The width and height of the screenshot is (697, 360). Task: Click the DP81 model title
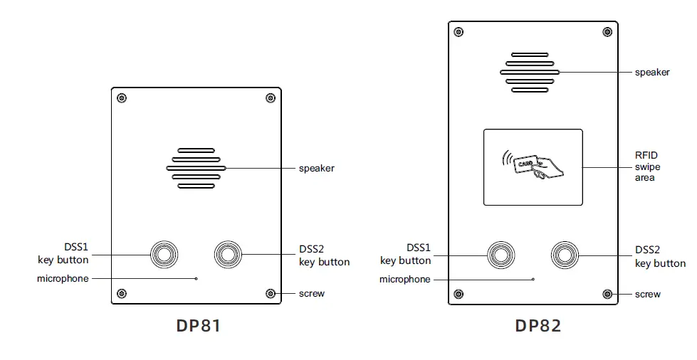point(198,326)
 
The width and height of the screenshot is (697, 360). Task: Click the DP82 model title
point(538,326)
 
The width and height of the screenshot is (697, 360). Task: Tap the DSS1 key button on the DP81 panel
point(164,254)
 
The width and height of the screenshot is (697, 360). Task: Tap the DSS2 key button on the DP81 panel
point(229,254)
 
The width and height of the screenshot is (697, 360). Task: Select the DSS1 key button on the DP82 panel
point(500,254)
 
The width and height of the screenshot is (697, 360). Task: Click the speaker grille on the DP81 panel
point(196,169)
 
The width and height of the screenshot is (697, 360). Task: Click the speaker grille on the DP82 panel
point(530,72)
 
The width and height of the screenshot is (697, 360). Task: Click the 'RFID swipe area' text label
point(648,166)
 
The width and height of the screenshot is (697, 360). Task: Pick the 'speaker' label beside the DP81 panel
point(316,169)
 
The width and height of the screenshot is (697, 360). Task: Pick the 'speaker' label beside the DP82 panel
point(652,72)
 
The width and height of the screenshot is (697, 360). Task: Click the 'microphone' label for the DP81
point(63,279)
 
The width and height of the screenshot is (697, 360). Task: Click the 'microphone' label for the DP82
point(404,280)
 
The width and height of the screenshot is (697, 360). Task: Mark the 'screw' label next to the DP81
point(311,294)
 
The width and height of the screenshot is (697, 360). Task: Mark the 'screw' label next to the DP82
point(647,294)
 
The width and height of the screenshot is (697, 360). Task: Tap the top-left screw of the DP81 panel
point(122,98)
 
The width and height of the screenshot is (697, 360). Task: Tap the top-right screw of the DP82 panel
point(607,32)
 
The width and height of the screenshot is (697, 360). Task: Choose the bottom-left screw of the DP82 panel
point(458,294)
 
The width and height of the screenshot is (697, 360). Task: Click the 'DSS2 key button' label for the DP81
point(324,255)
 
